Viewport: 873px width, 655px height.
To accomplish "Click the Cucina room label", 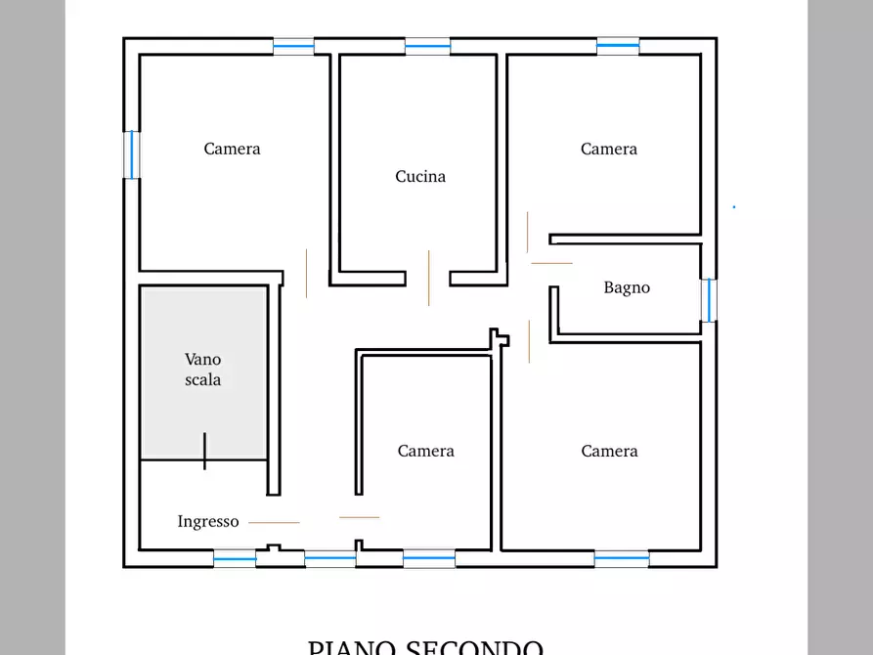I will click(420, 177).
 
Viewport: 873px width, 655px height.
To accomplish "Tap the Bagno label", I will click(627, 287).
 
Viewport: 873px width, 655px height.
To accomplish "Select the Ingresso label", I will click(208, 522).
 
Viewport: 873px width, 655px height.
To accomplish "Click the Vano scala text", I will click(203, 370).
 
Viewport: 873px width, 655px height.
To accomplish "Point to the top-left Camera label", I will click(232, 149).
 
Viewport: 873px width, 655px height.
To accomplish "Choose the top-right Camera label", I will click(609, 149).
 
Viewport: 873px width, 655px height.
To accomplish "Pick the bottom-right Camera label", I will click(609, 451).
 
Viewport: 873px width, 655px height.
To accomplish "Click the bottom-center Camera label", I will click(426, 451).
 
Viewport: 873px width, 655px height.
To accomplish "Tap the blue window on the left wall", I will click(131, 154).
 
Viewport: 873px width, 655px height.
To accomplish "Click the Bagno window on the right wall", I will click(709, 300).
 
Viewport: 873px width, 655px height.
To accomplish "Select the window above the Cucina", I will click(427, 45).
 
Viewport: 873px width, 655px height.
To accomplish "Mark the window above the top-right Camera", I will click(618, 45).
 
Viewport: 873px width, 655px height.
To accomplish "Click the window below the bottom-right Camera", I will click(622, 558).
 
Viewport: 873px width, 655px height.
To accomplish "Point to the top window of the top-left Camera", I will click(293, 45).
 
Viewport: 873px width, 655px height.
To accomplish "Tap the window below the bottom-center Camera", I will click(429, 558).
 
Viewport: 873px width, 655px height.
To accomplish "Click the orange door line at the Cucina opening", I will click(428, 278).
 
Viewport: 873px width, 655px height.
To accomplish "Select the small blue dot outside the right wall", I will click(734, 206).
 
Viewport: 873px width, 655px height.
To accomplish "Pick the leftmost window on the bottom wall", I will click(235, 558).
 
